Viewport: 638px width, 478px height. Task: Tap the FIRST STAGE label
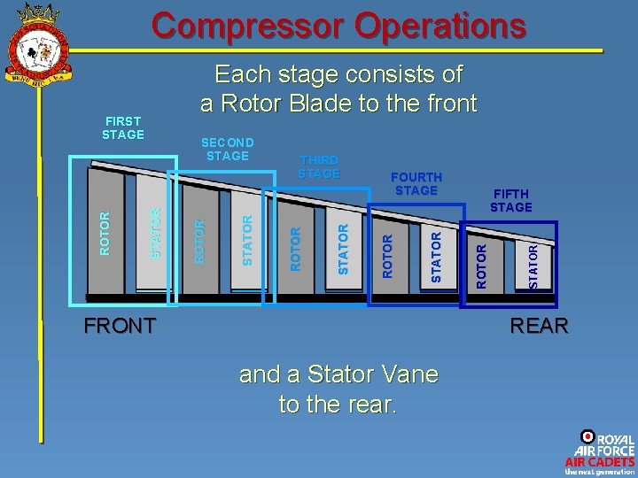[123, 127]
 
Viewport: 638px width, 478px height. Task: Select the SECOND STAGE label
[228, 149]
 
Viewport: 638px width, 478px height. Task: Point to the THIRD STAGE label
[319, 166]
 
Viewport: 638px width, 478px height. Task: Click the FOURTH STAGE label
[416, 183]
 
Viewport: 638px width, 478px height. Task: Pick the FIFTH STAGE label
[511, 200]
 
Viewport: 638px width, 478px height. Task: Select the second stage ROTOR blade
[201, 239]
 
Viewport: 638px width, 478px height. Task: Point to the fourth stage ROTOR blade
[387, 255]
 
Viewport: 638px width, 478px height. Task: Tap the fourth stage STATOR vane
[434, 255]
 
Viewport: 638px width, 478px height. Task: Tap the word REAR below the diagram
[539, 326]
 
